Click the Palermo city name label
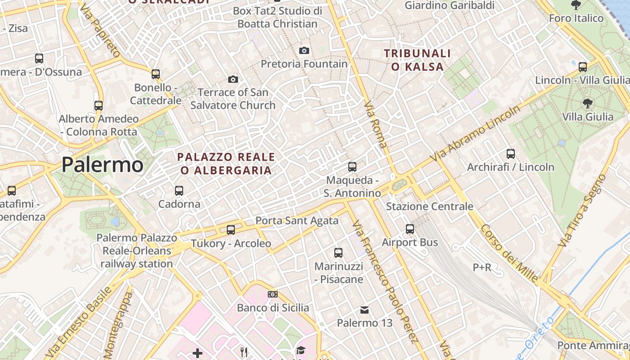(102, 165)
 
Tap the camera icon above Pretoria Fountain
(304, 50)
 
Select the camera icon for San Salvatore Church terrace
(233, 79)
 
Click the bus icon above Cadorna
(179, 190)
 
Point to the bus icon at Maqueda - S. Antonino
(352, 167)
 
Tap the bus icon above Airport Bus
(410, 229)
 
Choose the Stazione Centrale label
(429, 207)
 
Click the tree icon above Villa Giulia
(587, 103)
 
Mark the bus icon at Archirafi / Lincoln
(511, 153)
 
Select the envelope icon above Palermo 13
(364, 310)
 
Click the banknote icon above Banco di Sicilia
(273, 294)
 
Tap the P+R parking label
(482, 267)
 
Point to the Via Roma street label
(376, 125)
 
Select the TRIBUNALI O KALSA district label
(417, 60)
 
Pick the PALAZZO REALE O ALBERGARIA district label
(226, 163)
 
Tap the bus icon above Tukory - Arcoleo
(231, 230)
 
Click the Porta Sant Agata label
(297, 220)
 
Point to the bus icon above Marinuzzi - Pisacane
(338, 253)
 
